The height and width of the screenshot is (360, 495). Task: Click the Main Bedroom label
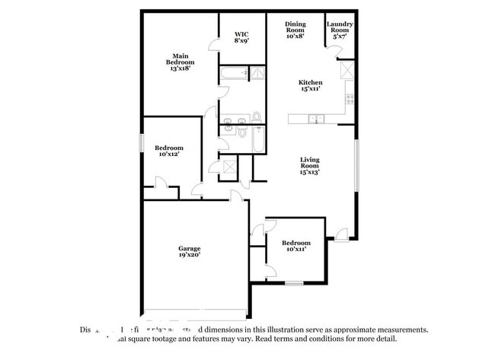pyautogui.click(x=180, y=60)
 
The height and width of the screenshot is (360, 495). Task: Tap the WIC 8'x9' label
pyautogui.click(x=241, y=37)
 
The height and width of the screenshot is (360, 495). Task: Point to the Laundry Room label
pyautogui.click(x=340, y=30)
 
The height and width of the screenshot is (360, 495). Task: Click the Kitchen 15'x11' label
pyautogui.click(x=310, y=86)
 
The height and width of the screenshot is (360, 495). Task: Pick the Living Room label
pyautogui.click(x=309, y=166)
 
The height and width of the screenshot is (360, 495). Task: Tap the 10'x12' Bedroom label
pyautogui.click(x=169, y=151)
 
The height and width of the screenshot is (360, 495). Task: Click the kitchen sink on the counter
pyautogui.click(x=317, y=118)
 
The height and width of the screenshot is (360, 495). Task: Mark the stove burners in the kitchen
pyautogui.click(x=350, y=97)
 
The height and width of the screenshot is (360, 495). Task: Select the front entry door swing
pyautogui.click(x=341, y=234)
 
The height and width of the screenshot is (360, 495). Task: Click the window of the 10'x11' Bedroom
pyautogui.click(x=295, y=283)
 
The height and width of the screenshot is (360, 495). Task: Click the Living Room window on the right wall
pyautogui.click(x=356, y=166)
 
